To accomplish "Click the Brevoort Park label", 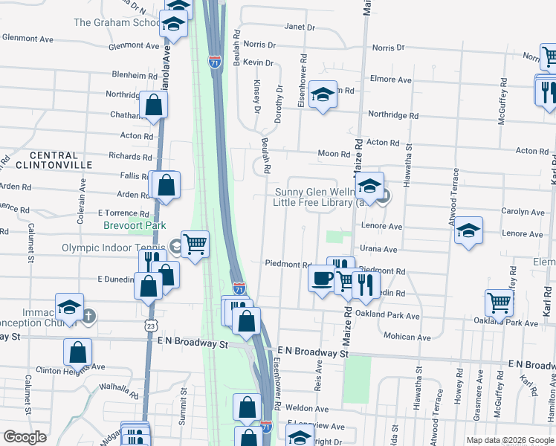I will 135,225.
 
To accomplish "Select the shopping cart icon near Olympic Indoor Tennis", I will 195,243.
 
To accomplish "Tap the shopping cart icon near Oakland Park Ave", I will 499,302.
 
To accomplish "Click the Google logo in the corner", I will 25,436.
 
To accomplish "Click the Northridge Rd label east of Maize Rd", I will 393,116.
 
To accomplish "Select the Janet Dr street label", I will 300,28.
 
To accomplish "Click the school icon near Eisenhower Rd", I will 323,94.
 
